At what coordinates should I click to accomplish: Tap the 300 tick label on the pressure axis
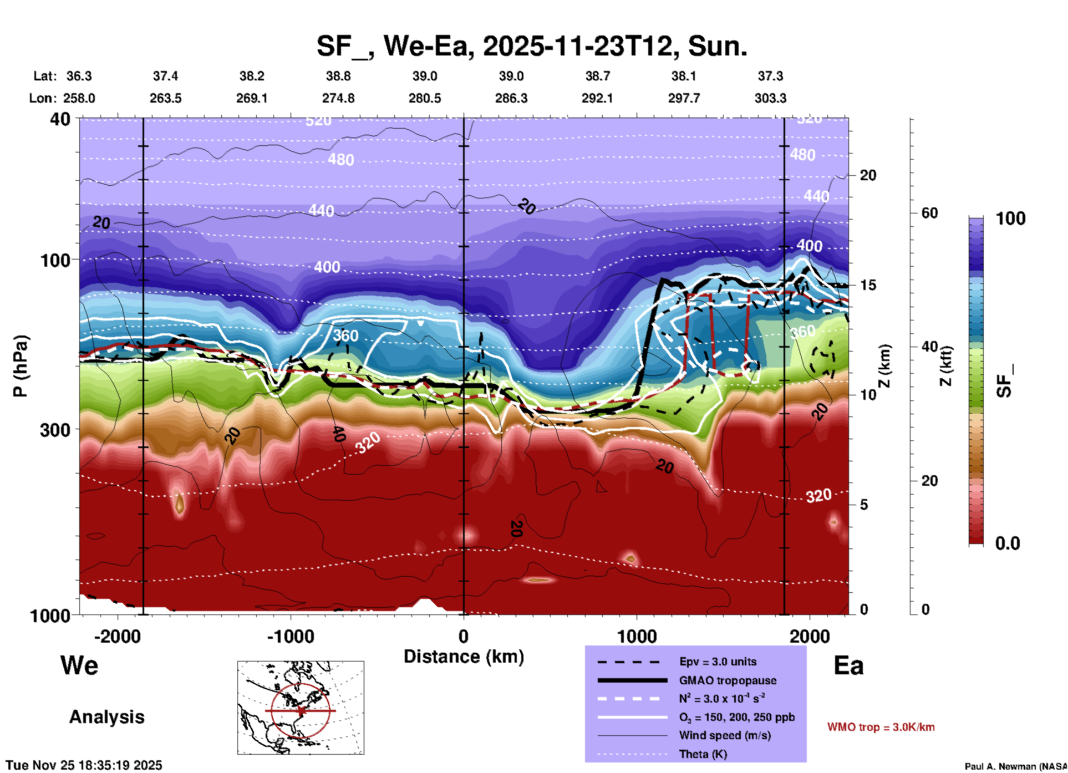[55, 430]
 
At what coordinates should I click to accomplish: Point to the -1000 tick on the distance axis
[291, 636]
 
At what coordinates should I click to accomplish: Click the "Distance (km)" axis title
[464, 657]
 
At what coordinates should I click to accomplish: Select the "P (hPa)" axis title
[21, 365]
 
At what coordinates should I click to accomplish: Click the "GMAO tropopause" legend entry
[728, 680]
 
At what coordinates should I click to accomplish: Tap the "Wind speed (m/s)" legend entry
[725, 735]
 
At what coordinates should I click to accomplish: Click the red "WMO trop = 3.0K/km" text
[881, 727]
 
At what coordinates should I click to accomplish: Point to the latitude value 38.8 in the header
[338, 76]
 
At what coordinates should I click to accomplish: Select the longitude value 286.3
[511, 98]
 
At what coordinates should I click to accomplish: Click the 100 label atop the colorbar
[1010, 218]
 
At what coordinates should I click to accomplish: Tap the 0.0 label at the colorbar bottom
[1007, 543]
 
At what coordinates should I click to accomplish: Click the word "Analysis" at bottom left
[106, 716]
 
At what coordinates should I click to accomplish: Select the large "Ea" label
[848, 665]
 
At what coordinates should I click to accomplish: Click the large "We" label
[79, 665]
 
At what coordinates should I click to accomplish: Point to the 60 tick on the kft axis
[929, 213]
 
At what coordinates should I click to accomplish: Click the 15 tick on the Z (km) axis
[868, 285]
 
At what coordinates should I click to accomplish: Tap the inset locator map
[301, 707]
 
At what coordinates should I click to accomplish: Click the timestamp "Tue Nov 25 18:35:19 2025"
[84, 765]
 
